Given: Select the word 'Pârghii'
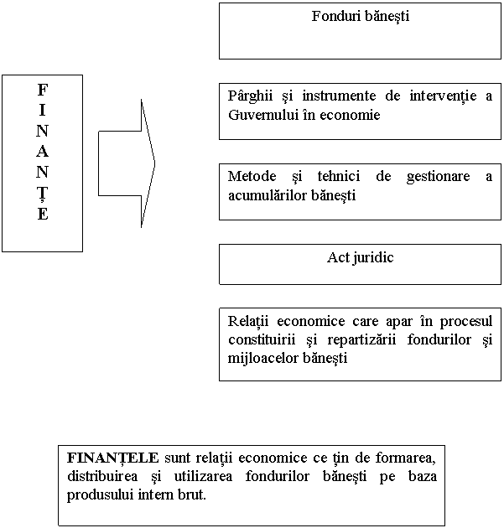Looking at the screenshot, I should click(247, 96).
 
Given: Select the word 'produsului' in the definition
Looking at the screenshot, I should click(95, 494).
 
